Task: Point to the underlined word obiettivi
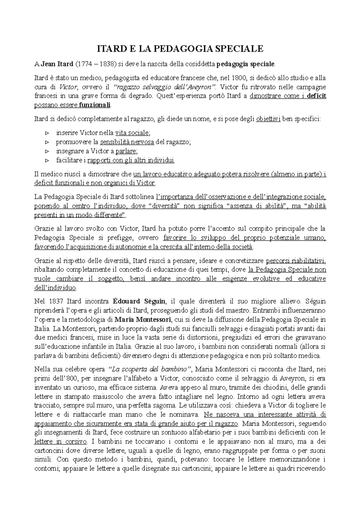[268, 119]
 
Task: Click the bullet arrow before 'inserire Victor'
[46, 133]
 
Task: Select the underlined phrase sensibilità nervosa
[127, 142]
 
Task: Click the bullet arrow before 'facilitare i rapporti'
[46, 160]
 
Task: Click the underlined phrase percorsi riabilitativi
[296, 260]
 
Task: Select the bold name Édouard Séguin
[139, 301]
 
